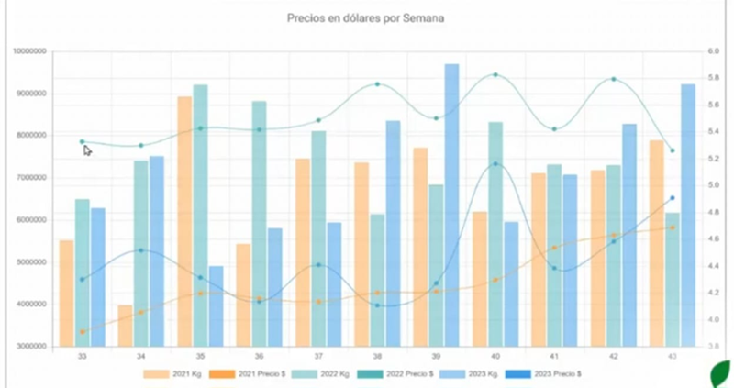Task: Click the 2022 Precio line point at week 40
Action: click(x=495, y=74)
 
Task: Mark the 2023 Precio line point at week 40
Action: click(x=495, y=164)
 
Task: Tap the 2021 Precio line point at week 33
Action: click(x=82, y=332)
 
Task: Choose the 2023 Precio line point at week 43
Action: click(x=672, y=198)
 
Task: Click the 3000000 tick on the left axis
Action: click(x=29, y=347)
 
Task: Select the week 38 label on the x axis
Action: click(x=377, y=356)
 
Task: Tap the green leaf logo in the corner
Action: click(x=721, y=374)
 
